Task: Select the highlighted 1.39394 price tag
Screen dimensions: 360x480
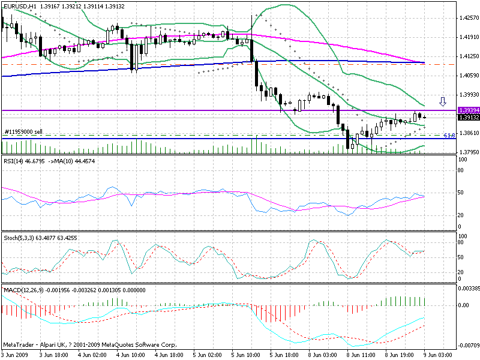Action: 467,110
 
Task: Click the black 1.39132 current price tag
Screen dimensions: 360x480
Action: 467,118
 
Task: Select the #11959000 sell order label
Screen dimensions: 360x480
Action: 23,132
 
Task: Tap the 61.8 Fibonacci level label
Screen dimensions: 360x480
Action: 449,135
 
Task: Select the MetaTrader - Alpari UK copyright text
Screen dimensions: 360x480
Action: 90,344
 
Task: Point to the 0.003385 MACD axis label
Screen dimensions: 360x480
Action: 469,289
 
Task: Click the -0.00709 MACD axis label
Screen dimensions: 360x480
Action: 468,346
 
